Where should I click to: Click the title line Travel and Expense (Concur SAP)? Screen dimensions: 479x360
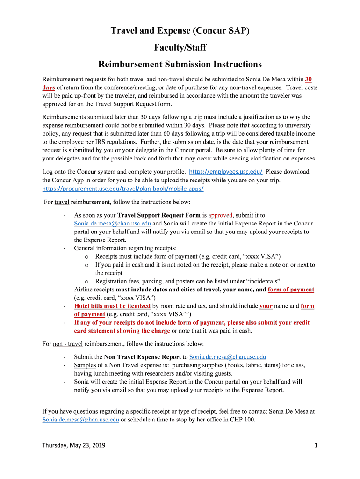click(x=180, y=31)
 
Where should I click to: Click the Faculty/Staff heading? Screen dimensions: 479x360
click(x=180, y=47)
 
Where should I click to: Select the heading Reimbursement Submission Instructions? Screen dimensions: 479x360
click(x=180, y=64)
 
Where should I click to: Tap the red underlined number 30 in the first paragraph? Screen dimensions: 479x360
click(x=309, y=79)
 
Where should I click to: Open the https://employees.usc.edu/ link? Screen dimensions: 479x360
click(x=226, y=172)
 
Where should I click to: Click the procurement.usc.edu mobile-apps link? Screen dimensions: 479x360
click(x=123, y=189)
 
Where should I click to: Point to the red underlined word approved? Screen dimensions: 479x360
click(x=220, y=215)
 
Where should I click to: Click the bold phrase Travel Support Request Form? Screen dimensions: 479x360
click(x=159, y=215)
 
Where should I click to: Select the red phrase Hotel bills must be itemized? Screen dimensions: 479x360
click(x=112, y=306)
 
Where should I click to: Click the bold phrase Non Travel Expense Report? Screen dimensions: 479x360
click(x=142, y=357)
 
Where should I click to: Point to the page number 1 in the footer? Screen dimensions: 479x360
click(x=316, y=445)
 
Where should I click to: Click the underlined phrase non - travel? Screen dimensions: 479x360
click(x=67, y=344)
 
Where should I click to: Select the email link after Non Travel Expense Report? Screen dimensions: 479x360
click(x=228, y=357)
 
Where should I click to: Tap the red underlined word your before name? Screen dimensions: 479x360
click(x=266, y=306)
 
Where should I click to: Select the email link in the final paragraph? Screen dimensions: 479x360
click(x=80, y=420)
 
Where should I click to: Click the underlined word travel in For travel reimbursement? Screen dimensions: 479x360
click(x=62, y=202)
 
